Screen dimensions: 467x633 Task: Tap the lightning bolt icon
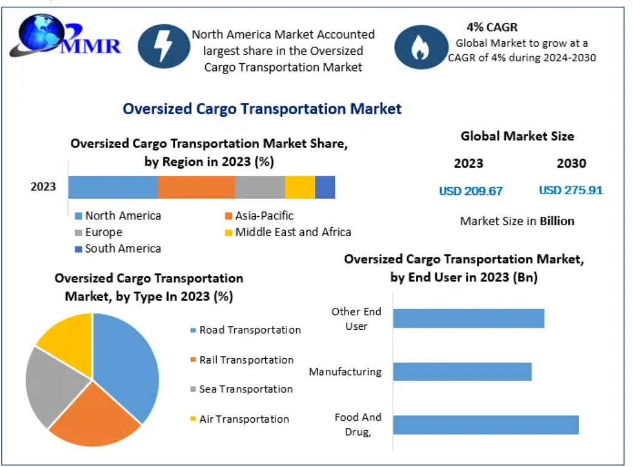pyautogui.click(x=162, y=47)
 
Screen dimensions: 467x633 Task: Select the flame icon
pyautogui.click(x=419, y=47)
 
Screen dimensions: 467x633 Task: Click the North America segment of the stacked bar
pyautogui.click(x=113, y=187)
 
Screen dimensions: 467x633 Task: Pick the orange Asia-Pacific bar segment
pyautogui.click(x=196, y=187)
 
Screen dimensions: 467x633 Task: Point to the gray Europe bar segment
pyautogui.click(x=260, y=187)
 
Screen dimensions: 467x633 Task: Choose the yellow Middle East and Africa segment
pyautogui.click(x=300, y=187)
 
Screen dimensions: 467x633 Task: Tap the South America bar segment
pyautogui.click(x=325, y=187)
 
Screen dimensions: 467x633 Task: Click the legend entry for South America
pyautogui.click(x=118, y=248)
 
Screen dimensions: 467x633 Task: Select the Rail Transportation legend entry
pyautogui.click(x=242, y=360)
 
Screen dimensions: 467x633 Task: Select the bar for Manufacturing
pyautogui.click(x=462, y=372)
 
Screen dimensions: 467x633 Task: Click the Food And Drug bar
pyautogui.click(x=486, y=425)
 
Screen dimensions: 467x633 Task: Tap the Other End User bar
pyautogui.click(x=468, y=318)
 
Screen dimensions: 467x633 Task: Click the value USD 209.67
pyautogui.click(x=471, y=191)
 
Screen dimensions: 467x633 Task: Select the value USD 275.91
pyautogui.click(x=570, y=190)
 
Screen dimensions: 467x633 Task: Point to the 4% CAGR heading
pyautogui.click(x=492, y=27)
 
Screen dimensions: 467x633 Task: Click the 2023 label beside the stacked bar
pyautogui.click(x=44, y=186)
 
